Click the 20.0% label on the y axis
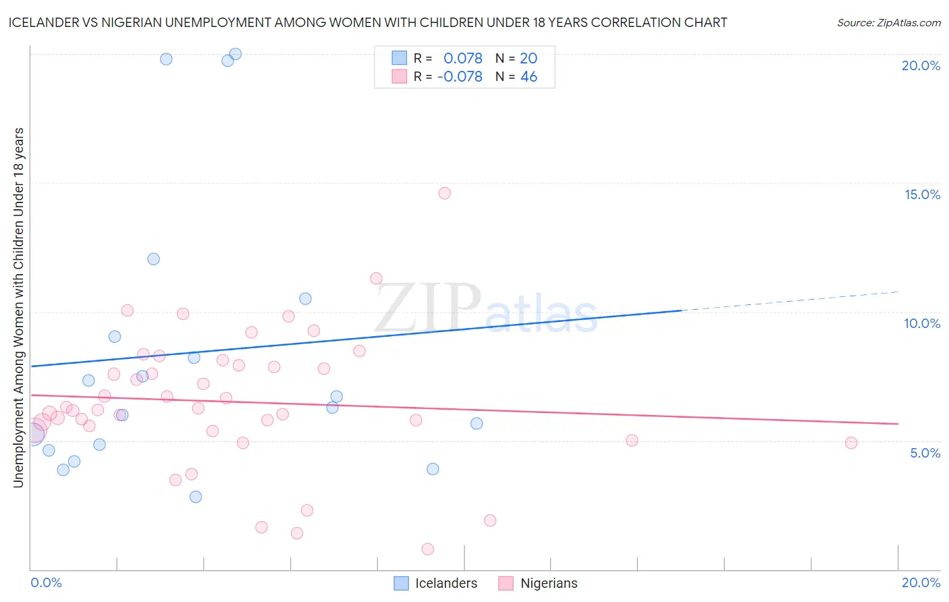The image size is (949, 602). [x=921, y=65]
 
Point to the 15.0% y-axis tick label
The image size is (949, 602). [x=922, y=194]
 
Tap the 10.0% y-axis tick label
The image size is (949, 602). [x=922, y=323]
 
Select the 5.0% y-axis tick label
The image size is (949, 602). [x=925, y=453]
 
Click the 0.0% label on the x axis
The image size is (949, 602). [x=47, y=582]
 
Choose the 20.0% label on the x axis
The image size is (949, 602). [x=921, y=582]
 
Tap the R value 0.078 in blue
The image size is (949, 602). [x=463, y=59]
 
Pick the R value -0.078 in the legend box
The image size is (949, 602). [x=460, y=77]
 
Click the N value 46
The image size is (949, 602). [x=528, y=77]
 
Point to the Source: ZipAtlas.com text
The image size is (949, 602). [x=888, y=22]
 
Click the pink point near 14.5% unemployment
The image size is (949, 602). [x=444, y=193]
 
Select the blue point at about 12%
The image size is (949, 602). [x=153, y=259]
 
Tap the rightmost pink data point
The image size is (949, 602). [x=851, y=443]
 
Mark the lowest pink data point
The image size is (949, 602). [x=427, y=549]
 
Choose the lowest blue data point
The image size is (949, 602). [x=196, y=497]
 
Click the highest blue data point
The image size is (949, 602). [x=236, y=54]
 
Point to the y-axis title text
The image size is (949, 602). [x=18, y=307]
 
